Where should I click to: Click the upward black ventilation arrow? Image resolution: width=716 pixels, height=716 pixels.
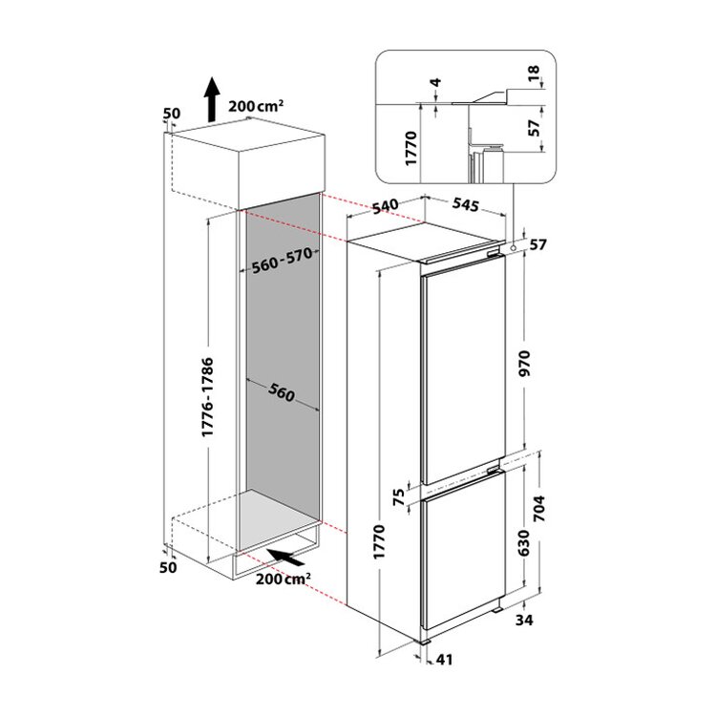point(211,99)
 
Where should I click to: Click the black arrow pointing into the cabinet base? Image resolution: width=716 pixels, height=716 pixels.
point(285,558)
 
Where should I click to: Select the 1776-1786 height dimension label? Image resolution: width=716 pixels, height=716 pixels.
point(208,397)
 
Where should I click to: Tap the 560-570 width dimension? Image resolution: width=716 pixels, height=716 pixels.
point(283,261)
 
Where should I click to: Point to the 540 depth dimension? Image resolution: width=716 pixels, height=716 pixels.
point(386,206)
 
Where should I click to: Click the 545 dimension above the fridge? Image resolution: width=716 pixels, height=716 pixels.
point(466,204)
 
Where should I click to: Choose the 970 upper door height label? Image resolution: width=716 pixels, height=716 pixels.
point(525,363)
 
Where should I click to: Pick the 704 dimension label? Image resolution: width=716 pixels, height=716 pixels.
point(539,508)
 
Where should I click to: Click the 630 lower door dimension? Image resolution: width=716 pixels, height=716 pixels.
point(524,543)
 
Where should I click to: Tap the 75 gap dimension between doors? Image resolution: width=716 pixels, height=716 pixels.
point(400,497)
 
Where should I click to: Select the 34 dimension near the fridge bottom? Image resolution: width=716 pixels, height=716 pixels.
point(524,621)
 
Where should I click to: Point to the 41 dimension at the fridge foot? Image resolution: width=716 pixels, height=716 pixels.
point(444,660)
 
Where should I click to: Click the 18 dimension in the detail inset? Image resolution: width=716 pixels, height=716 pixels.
point(534,73)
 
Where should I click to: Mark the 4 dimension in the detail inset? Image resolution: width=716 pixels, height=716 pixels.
point(436,83)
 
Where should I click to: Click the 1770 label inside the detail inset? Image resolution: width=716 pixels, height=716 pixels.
point(411,148)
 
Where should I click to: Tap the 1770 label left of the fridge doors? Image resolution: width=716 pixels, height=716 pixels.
point(379,542)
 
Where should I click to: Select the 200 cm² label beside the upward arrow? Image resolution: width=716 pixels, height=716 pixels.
point(256,106)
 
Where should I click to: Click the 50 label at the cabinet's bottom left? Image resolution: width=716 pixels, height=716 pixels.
point(168,568)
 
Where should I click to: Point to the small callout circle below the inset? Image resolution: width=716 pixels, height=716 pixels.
point(514,248)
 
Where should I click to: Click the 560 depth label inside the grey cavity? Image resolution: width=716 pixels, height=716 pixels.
point(282,393)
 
